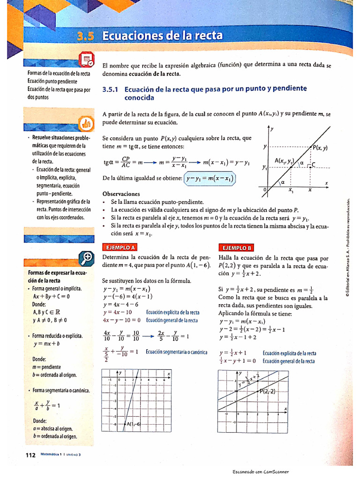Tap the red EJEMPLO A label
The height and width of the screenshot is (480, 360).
click(x=120, y=247)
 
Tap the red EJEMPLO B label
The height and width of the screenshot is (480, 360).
click(x=236, y=247)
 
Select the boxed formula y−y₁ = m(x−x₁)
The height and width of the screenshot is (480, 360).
click(x=210, y=179)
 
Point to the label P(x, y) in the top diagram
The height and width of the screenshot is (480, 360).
click(x=320, y=148)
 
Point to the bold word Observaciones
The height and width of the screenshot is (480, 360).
click(x=121, y=194)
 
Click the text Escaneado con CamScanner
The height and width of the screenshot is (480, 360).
click(x=261, y=472)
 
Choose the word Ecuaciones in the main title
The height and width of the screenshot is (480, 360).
click(x=134, y=36)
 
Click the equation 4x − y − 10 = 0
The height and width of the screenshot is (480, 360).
click(x=122, y=320)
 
